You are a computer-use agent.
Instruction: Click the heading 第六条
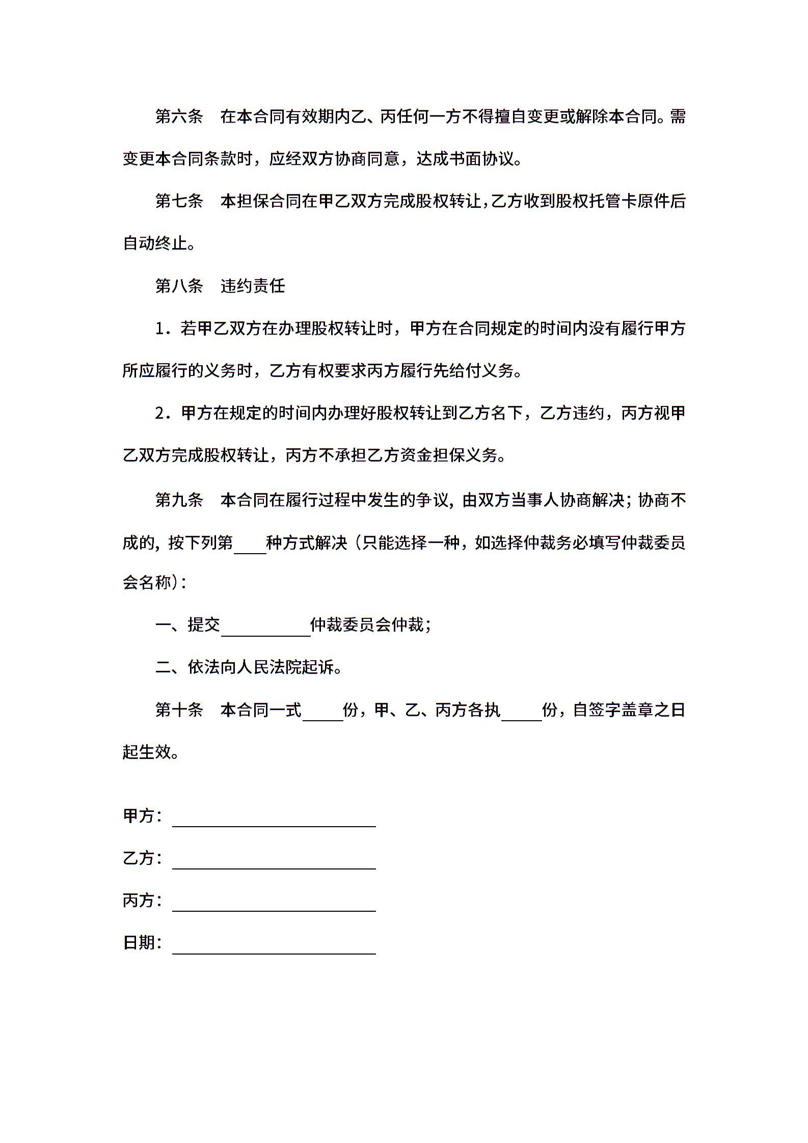[179, 117]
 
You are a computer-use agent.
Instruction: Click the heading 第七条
[179, 201]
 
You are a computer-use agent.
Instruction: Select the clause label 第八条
[179, 286]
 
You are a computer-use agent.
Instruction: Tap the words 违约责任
[253, 286]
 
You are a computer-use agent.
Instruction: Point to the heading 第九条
[179, 500]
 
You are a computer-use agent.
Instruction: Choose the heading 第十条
[179, 710]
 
